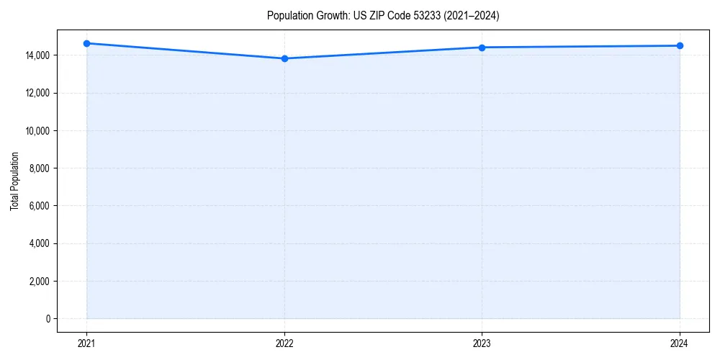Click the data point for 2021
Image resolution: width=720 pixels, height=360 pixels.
(86, 43)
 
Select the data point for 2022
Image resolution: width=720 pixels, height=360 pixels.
(284, 58)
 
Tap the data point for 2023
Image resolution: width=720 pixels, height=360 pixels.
(482, 48)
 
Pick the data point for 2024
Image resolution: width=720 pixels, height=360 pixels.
(680, 46)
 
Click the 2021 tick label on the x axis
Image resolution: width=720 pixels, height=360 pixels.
(86, 343)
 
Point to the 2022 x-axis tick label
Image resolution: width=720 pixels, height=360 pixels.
(284, 343)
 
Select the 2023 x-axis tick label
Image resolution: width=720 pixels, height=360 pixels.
(482, 343)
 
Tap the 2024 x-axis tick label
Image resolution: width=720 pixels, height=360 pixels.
(680, 343)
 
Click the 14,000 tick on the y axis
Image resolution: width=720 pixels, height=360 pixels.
(37, 55)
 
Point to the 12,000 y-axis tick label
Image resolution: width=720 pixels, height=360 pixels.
(37, 93)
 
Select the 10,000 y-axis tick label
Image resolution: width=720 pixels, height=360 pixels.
(37, 131)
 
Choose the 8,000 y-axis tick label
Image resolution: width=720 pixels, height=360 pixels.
(39, 168)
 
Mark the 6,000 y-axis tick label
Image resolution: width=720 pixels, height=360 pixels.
(39, 206)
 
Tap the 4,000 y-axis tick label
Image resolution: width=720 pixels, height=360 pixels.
(39, 243)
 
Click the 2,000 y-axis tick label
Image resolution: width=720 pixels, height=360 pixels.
(39, 281)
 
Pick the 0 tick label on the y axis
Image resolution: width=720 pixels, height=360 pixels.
(48, 319)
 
